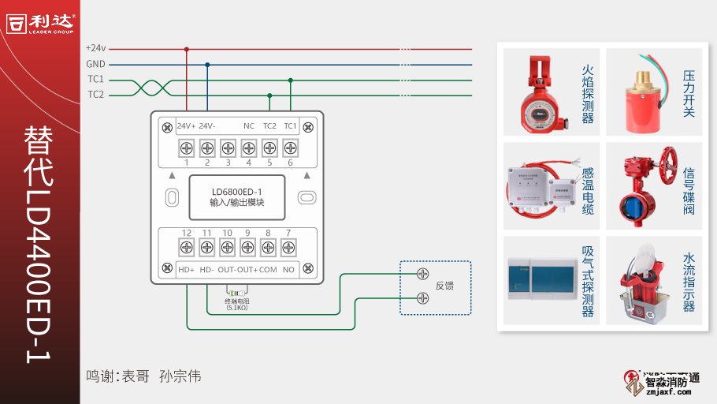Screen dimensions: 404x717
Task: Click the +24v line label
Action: (x=96, y=49)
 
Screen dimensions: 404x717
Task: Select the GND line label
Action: (x=95, y=64)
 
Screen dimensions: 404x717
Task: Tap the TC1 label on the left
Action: (x=95, y=80)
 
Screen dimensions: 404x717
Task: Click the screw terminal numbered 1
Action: (x=187, y=148)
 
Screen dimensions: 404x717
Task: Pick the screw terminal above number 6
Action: (x=289, y=148)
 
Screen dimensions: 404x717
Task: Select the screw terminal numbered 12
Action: (x=187, y=248)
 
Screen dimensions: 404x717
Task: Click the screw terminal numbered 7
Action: (x=288, y=248)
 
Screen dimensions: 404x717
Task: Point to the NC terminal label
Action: (x=248, y=126)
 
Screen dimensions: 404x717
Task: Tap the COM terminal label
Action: (x=268, y=270)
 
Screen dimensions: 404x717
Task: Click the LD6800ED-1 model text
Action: (x=237, y=190)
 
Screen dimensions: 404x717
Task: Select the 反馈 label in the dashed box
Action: (x=444, y=286)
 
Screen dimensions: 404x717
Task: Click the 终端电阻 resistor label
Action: (x=237, y=301)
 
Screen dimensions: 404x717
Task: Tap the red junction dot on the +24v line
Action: (x=187, y=49)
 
